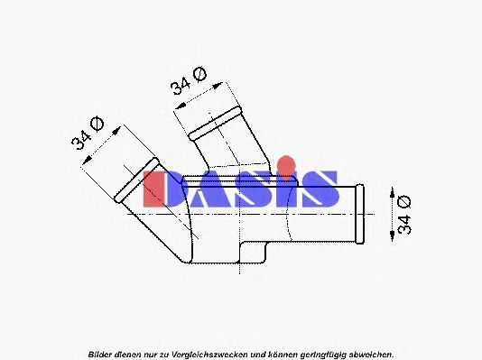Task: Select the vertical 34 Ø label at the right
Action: tap(404, 215)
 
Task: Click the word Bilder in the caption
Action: tap(100, 354)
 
